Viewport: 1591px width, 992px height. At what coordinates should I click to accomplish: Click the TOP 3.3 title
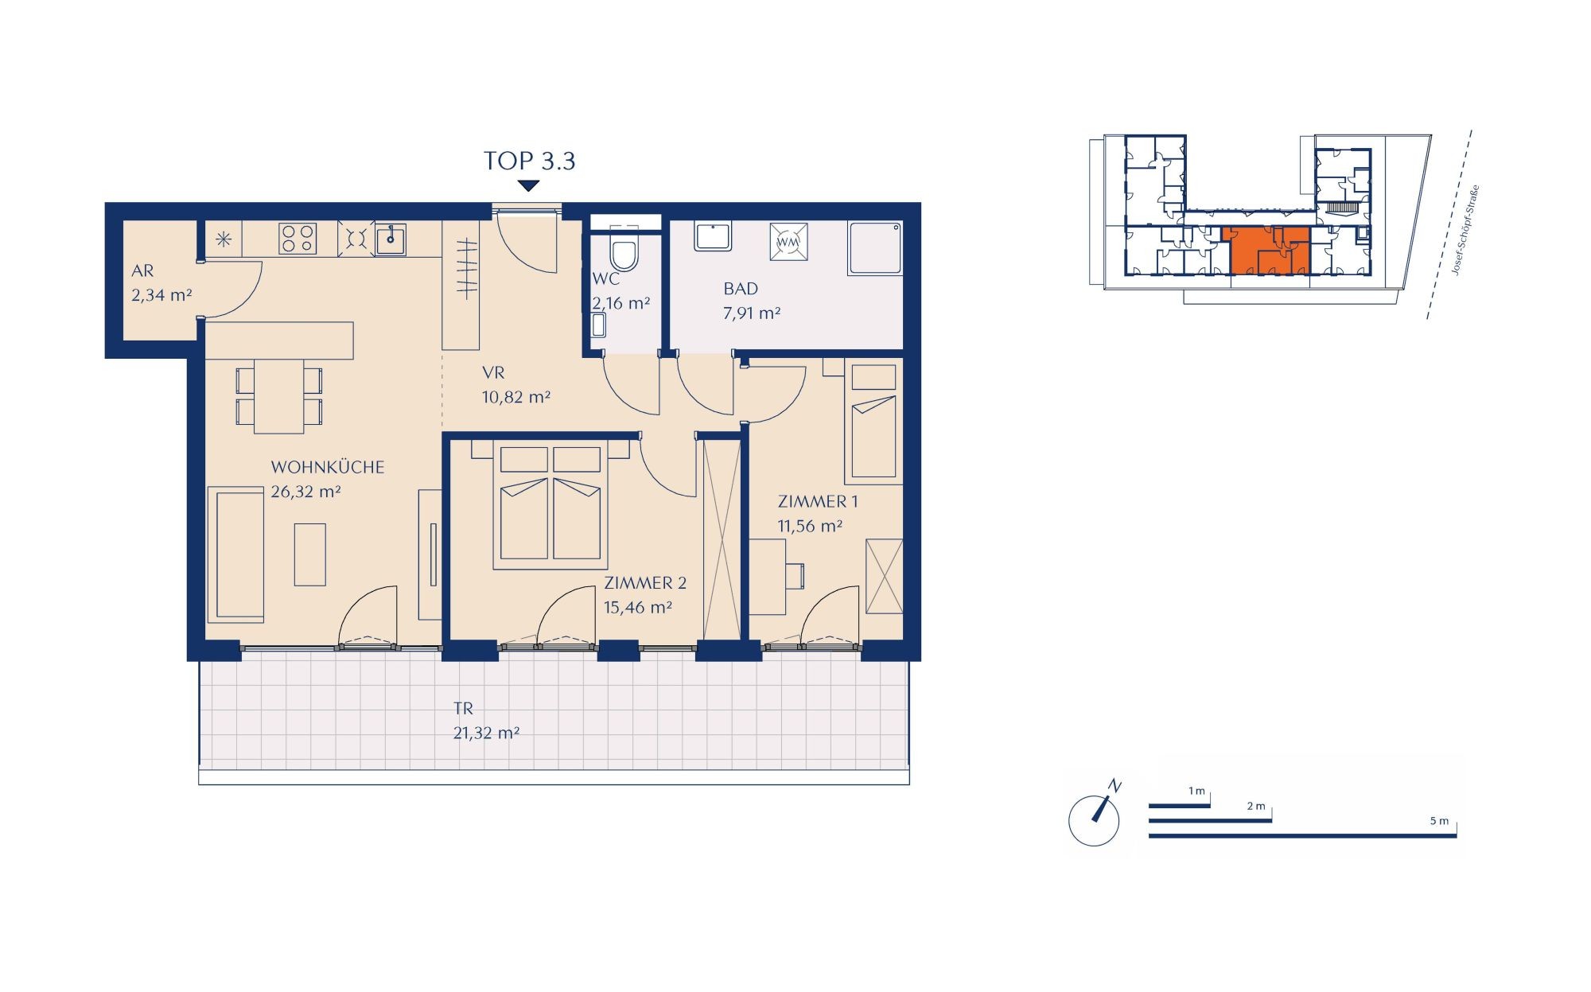pos(529,161)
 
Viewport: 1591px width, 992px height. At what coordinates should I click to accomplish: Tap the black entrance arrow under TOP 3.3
pos(528,186)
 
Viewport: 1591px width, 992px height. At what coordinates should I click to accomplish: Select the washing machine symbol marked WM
pos(788,241)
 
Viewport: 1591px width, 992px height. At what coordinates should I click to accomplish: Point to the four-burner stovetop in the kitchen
pos(298,238)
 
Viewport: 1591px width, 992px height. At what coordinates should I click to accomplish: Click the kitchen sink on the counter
pos(391,239)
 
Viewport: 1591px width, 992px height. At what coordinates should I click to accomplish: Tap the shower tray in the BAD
pos(875,248)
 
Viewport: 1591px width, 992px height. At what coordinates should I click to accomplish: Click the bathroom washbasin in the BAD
pos(713,236)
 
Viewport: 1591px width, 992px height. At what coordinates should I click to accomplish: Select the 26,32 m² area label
pos(305,492)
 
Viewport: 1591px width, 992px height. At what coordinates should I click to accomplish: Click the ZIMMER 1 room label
pos(818,501)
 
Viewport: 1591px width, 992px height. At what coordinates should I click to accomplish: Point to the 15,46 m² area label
pos(637,608)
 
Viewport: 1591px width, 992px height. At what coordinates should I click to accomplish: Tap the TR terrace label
pos(463,708)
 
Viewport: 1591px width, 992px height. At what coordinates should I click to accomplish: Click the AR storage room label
pos(142,271)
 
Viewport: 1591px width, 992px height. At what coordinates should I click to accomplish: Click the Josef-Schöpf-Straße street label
pos(1465,231)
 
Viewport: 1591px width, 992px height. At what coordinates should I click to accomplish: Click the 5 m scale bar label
pos(1439,821)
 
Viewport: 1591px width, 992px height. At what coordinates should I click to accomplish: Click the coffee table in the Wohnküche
pos(309,554)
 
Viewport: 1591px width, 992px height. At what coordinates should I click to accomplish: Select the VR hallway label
pos(493,372)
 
